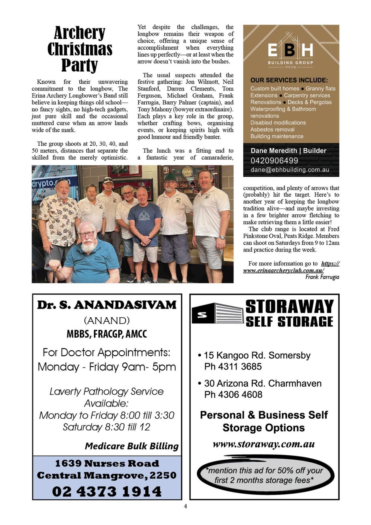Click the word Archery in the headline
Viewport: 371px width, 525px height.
click(79, 33)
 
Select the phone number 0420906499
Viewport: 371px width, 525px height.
click(274, 161)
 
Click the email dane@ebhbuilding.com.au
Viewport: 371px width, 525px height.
click(290, 170)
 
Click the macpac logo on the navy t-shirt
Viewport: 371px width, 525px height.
click(145, 215)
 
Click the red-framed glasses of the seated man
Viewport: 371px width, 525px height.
click(87, 234)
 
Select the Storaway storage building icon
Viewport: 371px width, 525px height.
click(217, 313)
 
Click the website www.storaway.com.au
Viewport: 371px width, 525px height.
click(264, 444)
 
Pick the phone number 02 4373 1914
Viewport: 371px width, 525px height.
click(107, 491)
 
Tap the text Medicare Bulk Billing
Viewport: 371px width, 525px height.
click(132, 446)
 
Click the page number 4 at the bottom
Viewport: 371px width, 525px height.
click(185, 506)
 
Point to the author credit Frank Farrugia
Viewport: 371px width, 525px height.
click(322, 277)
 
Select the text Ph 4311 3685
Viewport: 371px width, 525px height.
click(233, 366)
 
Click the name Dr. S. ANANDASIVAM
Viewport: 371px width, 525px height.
click(107, 305)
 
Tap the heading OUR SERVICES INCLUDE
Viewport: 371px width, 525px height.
click(289, 80)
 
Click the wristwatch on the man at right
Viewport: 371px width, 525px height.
click(222, 237)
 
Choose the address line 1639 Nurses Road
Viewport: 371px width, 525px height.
click(107, 463)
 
